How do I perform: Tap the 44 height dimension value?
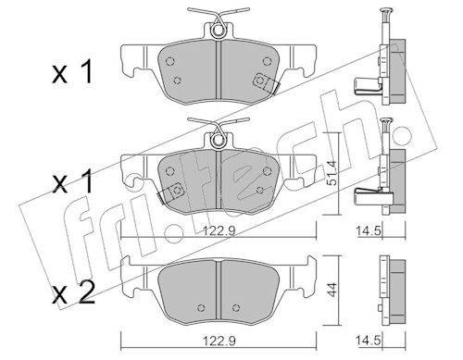click(x=332, y=290)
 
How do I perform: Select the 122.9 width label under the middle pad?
click(x=220, y=230)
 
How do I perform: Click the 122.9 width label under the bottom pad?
click(x=219, y=341)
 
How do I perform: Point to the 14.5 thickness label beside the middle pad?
click(x=369, y=230)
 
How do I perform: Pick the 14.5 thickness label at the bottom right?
click(x=369, y=341)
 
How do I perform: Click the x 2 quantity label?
click(x=73, y=293)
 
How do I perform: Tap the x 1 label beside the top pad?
click(x=73, y=72)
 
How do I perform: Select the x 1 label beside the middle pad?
click(x=73, y=182)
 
